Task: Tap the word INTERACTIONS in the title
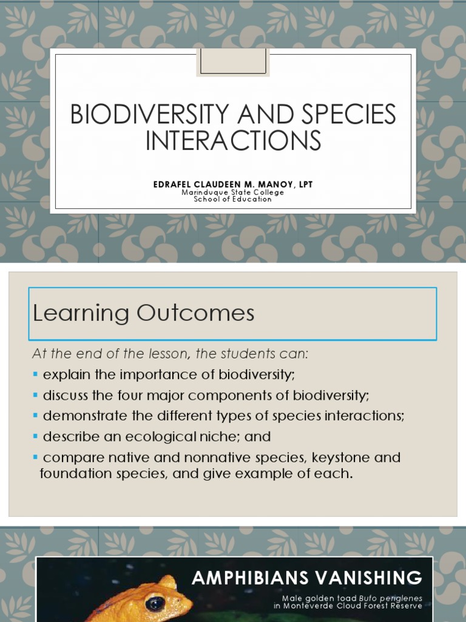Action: click(233, 140)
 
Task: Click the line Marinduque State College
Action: click(233, 192)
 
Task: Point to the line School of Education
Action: click(233, 199)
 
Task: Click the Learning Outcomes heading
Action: click(144, 313)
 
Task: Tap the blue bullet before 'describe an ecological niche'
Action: click(36, 437)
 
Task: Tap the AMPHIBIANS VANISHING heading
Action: click(307, 578)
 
